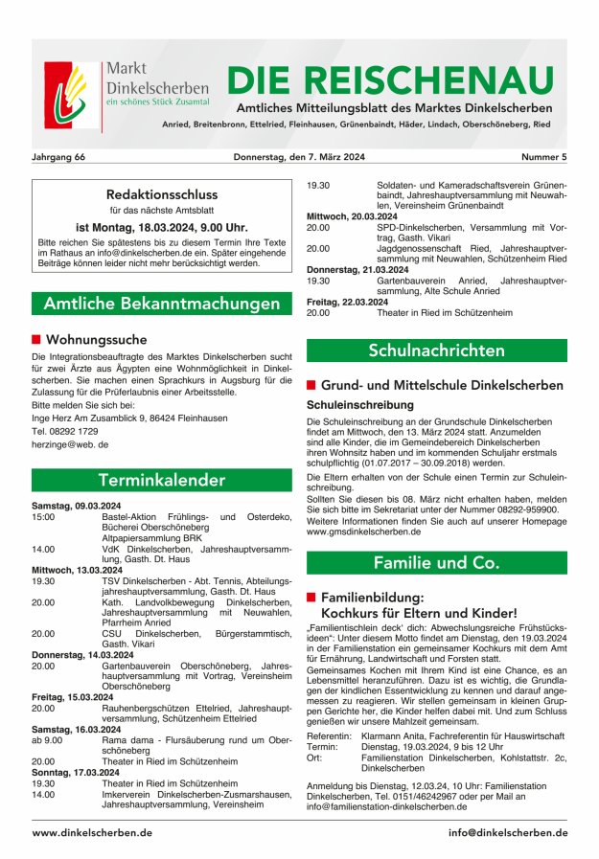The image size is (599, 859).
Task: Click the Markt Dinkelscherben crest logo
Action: (70, 96)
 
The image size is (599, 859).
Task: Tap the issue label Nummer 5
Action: (543, 156)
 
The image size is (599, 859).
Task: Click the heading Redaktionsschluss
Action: (162, 194)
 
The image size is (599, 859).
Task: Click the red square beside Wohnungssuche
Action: (36, 339)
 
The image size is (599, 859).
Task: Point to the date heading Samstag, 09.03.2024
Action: (77, 504)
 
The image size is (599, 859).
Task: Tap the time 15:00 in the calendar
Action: (43, 516)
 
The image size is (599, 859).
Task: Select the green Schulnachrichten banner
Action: (436, 350)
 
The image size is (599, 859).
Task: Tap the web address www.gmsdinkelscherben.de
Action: (363, 531)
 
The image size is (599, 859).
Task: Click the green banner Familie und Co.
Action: (436, 562)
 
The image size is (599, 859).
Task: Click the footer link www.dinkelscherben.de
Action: (92, 832)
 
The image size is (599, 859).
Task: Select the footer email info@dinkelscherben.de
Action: (507, 832)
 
